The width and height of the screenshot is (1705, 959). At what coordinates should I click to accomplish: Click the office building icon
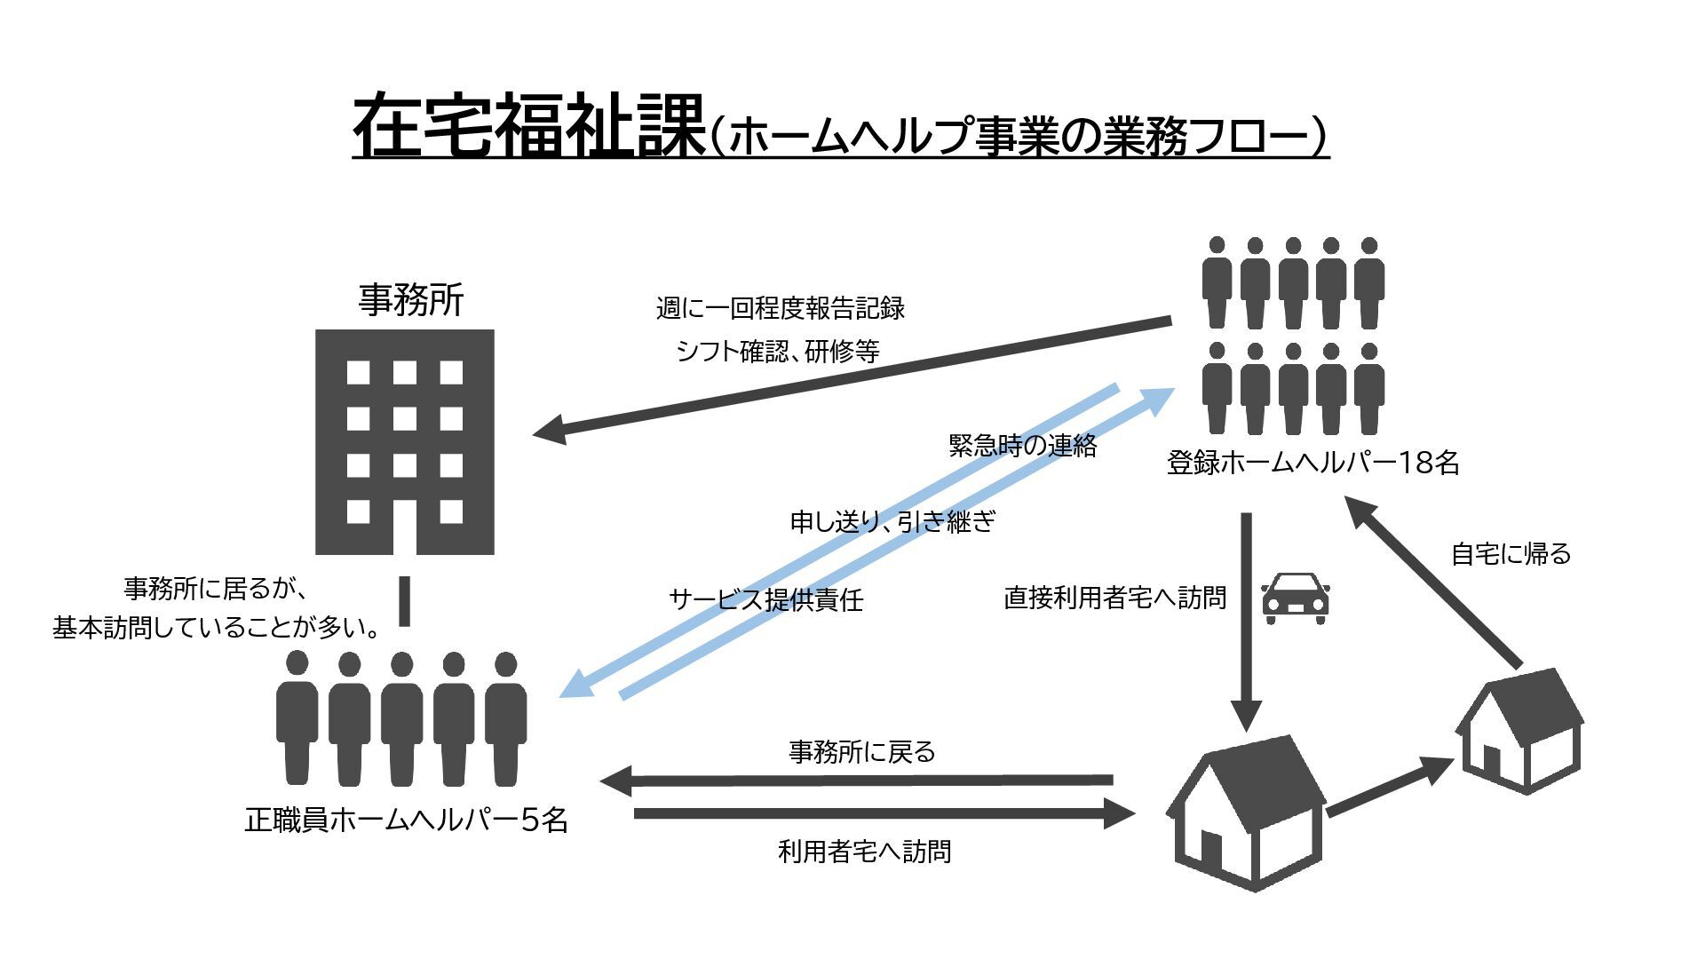coord(405,441)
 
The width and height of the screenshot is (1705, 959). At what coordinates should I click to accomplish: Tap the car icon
coord(1295,597)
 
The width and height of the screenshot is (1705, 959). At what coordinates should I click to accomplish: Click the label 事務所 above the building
coord(411,300)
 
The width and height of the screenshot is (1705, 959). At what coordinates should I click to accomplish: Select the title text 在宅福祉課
coord(527,126)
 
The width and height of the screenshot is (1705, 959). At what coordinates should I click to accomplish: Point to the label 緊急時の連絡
coord(1022,445)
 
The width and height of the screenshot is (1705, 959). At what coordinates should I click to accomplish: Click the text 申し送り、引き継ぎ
coord(892,521)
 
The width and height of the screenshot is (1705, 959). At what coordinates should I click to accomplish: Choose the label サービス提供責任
coord(765,599)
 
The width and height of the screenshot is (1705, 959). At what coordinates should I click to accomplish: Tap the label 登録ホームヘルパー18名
coord(1312,463)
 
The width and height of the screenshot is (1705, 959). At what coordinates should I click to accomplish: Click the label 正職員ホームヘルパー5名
coord(406,819)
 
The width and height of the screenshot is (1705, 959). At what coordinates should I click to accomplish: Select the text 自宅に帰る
coord(1511,554)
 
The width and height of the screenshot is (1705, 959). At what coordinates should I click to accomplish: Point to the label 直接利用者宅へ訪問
coord(1114,598)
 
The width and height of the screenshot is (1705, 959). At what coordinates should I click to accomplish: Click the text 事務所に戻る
coord(861,752)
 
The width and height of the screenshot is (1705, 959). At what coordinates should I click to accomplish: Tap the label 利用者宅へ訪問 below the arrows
coord(864,852)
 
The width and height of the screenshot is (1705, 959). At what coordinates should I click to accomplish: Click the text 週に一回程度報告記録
coord(780,308)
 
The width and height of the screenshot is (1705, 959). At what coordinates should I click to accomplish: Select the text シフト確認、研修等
coord(777,352)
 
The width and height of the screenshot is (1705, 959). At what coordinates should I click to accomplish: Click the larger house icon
coord(1247,812)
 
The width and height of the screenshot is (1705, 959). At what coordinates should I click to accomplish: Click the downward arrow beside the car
coord(1246,622)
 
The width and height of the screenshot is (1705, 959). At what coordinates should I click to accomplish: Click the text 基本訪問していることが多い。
coord(217,628)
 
